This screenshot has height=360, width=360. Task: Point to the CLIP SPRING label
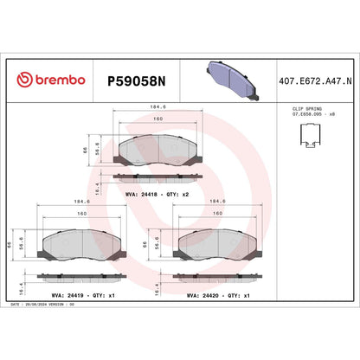point(299,112)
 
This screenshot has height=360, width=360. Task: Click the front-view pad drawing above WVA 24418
point(158,151)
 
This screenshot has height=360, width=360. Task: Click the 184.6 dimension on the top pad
point(158,108)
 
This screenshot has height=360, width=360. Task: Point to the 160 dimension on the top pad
point(158,118)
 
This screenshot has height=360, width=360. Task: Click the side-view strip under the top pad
point(158,178)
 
